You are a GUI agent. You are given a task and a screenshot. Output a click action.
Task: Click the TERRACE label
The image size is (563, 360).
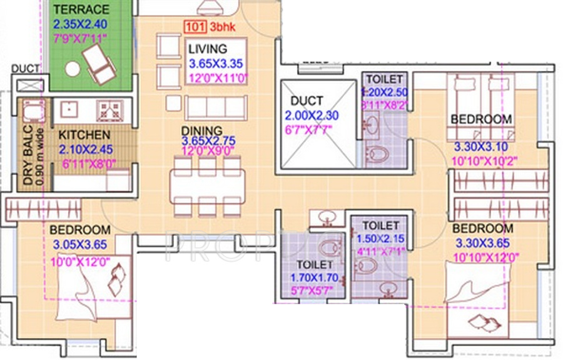tap(81, 10)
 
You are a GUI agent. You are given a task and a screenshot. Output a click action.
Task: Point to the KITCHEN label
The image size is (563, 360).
tap(84, 135)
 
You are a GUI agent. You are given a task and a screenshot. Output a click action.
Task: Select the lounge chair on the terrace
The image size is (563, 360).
tap(98, 65)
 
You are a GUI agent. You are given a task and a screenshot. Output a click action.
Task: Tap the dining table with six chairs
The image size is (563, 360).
tap(208, 185)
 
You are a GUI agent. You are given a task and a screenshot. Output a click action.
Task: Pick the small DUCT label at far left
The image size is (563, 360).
tap(26, 69)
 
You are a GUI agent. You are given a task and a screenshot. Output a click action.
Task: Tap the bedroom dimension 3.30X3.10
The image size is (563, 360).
tap(482, 148)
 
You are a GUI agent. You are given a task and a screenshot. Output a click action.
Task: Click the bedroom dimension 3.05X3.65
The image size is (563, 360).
tap(80, 244)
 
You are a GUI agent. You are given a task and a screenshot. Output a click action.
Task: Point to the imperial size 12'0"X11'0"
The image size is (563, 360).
tap(217, 79)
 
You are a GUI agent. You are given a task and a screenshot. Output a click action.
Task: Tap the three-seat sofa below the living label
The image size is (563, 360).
tap(206, 107)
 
